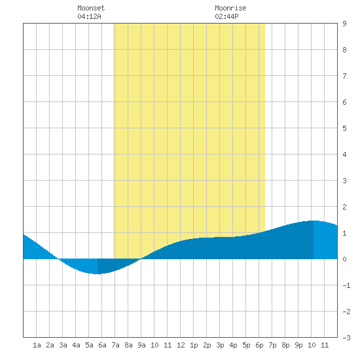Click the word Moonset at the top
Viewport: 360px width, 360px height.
(91, 8)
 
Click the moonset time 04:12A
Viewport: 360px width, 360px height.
(89, 16)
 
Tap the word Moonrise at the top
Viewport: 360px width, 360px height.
(230, 8)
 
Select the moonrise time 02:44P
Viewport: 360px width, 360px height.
(226, 16)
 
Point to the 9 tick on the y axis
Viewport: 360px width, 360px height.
(344, 24)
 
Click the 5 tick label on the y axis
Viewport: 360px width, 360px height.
(344, 128)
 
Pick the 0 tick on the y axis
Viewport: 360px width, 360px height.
(344, 259)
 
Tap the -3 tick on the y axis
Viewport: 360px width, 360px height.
(346, 338)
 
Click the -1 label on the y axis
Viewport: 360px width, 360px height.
(346, 285)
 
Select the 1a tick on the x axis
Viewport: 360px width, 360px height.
(37, 345)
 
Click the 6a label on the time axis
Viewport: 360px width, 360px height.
(102, 345)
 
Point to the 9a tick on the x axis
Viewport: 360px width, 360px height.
(141, 345)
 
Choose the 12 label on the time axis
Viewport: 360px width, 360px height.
(181, 345)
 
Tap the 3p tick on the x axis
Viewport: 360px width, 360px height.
(220, 345)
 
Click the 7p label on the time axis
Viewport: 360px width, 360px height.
(272, 345)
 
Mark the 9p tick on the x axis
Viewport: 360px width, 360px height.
(298, 345)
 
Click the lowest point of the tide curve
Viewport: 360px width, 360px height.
(98, 274)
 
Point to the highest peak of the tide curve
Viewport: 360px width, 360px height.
(314, 221)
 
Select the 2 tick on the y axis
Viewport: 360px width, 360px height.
(344, 207)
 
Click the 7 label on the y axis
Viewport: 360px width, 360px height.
(344, 76)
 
